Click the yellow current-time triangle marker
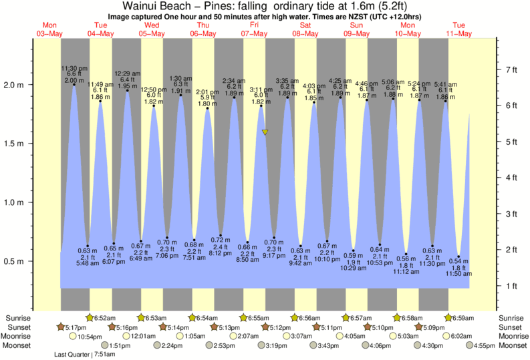pyautogui.click(x=265, y=132)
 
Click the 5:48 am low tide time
pyautogui.click(x=88, y=262)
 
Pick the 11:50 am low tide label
pyautogui.click(x=458, y=274)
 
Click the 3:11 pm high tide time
pyautogui.click(x=261, y=89)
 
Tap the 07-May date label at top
pyautogui.click(x=255, y=33)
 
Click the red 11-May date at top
pyautogui.click(x=460, y=33)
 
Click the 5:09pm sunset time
pyautogui.click(x=436, y=327)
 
